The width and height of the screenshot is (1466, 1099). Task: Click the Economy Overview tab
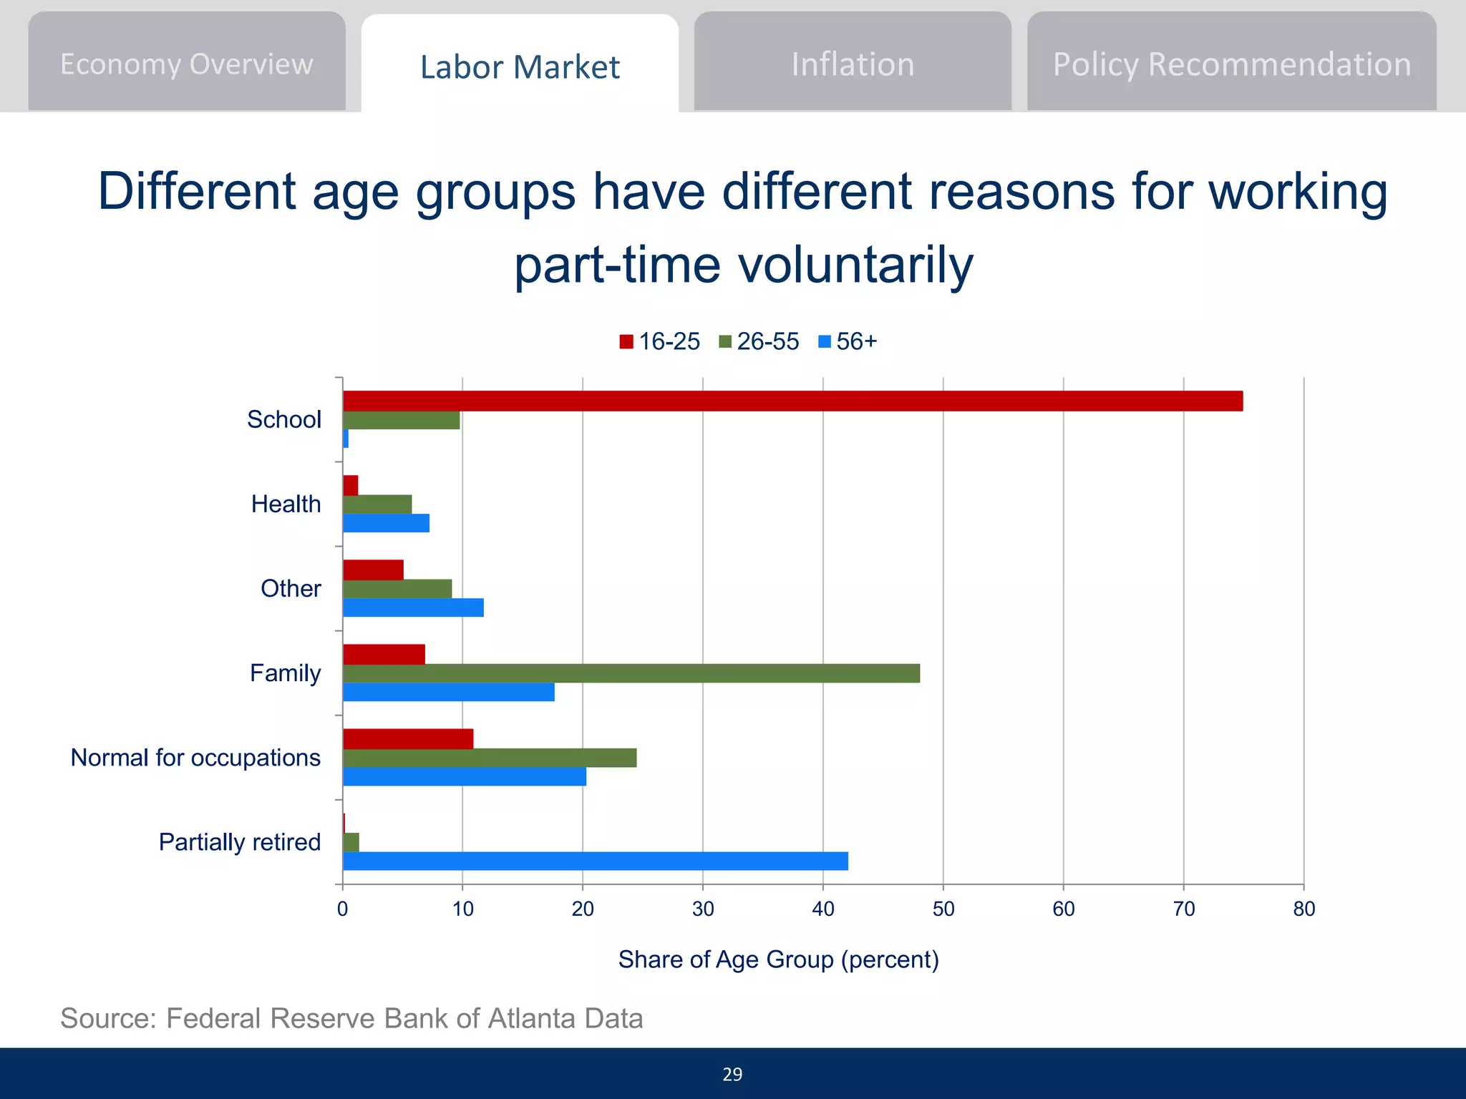point(186,64)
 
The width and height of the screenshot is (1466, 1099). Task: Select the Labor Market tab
point(520,67)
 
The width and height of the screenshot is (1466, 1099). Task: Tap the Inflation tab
point(853,64)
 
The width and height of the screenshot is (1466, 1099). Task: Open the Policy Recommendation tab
point(1231,64)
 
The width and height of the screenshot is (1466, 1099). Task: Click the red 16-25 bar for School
point(792,401)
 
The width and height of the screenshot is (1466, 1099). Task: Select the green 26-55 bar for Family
point(631,673)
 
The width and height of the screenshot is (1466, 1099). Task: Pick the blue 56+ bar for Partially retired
point(595,861)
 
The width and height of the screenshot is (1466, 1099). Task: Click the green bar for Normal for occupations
point(490,758)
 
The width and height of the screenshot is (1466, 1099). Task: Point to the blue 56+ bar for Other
point(413,607)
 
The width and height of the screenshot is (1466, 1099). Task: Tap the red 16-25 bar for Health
point(351,486)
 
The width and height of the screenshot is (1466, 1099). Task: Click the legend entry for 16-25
point(659,341)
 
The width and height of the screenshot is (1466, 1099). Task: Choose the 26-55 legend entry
point(759,341)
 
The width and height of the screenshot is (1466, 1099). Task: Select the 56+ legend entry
point(848,341)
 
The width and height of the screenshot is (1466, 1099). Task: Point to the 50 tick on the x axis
point(943,909)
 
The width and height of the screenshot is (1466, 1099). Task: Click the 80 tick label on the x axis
point(1304,909)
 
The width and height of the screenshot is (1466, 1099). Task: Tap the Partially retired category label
point(239,842)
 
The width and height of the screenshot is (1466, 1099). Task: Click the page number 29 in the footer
point(732,1074)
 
